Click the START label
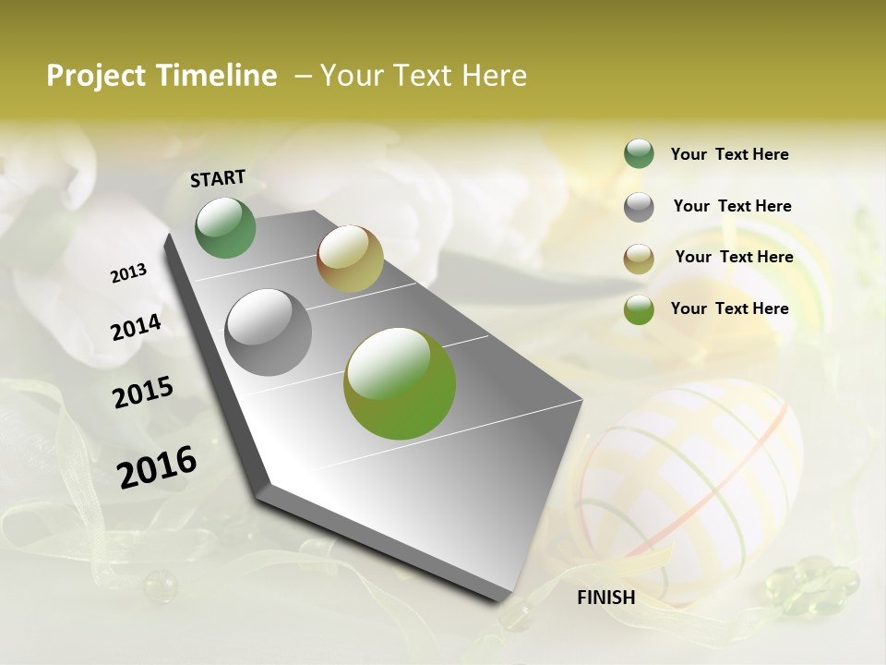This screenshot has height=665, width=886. coord(218,178)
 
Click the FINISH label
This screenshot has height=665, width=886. coord(605,598)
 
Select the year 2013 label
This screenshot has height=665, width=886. coord(129,273)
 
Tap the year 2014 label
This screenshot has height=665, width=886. coord(137,327)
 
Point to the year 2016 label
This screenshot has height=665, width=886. coord(157,467)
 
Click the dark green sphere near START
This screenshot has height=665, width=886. coord(226,228)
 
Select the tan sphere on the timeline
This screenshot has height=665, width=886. coord(350,259)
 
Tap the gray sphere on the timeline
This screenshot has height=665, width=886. coord(268,332)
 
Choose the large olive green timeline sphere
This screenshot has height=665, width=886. coord(400,383)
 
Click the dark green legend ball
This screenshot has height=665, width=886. coord(639,154)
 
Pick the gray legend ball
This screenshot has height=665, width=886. coord(639,207)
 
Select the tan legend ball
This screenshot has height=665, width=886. coord(639,259)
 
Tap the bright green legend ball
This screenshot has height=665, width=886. coord(639,309)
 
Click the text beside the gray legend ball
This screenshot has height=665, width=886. coord(732,206)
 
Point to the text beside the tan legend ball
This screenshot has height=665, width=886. coord(734,257)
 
